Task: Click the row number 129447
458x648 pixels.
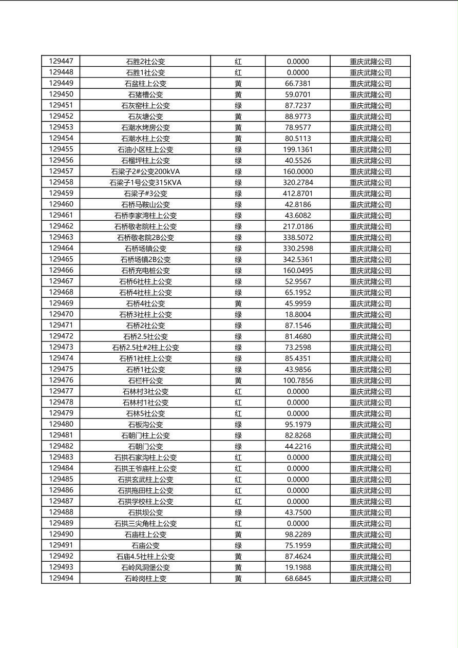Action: (x=61, y=61)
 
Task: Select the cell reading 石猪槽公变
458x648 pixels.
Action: (x=145, y=94)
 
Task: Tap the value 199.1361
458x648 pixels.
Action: (x=298, y=149)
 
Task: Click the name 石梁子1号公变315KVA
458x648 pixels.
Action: (x=145, y=182)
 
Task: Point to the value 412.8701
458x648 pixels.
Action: (x=298, y=194)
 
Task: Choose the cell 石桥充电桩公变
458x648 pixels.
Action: (x=145, y=271)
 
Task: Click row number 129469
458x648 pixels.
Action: (x=61, y=303)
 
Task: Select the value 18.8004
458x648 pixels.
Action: (x=298, y=314)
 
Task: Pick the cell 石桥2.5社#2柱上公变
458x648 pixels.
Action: (x=145, y=348)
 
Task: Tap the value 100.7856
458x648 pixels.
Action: (x=298, y=380)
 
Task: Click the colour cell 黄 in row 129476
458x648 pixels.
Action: (x=238, y=380)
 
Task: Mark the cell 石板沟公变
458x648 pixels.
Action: (x=145, y=425)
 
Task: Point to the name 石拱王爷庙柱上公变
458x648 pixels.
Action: (x=145, y=468)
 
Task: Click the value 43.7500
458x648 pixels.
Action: (x=298, y=512)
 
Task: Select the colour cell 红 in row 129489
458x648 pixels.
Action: (x=238, y=523)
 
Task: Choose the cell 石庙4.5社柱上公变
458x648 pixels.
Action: (x=145, y=557)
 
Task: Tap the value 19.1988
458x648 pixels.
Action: (x=298, y=567)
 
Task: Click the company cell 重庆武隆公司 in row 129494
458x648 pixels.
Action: (x=370, y=579)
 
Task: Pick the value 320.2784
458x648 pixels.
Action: (x=298, y=182)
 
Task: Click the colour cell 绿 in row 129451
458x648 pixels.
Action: (x=238, y=105)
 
